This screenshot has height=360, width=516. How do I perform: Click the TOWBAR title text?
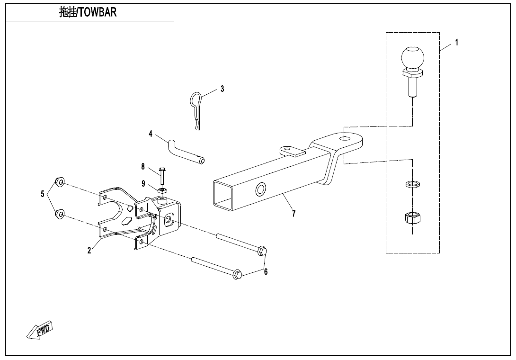(x=88, y=13)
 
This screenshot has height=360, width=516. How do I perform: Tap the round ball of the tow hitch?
(x=412, y=58)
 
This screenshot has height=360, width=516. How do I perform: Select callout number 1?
(x=456, y=42)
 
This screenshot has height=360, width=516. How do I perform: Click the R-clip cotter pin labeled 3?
(x=196, y=108)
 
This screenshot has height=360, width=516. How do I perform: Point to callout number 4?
(x=151, y=134)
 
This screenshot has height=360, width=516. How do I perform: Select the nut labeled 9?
(x=162, y=190)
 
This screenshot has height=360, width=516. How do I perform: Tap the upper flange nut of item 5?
(x=60, y=182)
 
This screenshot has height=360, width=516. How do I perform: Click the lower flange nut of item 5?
(x=60, y=214)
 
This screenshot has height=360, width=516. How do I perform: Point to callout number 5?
(x=43, y=194)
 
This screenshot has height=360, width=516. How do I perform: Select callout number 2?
(x=89, y=251)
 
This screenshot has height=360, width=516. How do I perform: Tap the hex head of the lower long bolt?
(x=238, y=274)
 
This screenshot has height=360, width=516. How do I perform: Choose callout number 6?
(x=266, y=272)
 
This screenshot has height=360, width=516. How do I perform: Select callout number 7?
(x=294, y=214)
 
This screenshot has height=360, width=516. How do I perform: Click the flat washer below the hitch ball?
(x=413, y=184)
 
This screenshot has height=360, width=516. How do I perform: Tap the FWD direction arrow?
(x=40, y=330)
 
